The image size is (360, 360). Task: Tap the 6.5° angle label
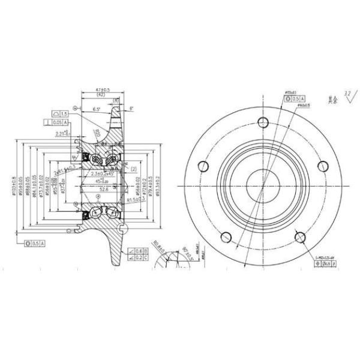point(97,109)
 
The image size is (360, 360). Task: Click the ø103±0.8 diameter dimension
point(14,186)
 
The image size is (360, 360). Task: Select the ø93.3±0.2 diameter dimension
point(157,182)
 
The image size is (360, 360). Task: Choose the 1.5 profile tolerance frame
point(60,113)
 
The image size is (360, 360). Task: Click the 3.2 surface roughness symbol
point(347,95)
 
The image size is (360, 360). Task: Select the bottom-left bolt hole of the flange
point(226,236)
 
